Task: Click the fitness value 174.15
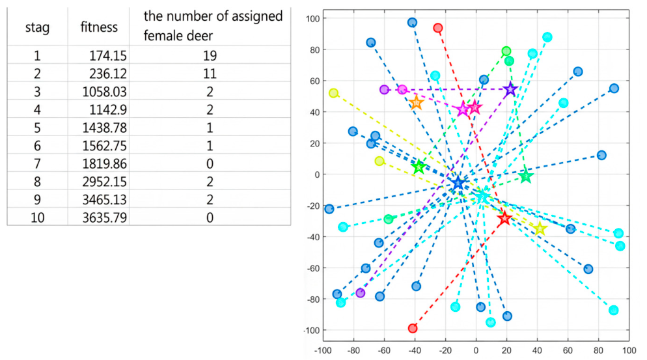(x=108, y=55)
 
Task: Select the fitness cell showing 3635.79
(x=104, y=217)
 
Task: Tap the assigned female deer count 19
(x=210, y=55)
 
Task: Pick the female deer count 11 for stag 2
(x=210, y=74)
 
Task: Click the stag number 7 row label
(x=37, y=163)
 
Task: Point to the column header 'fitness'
(x=99, y=27)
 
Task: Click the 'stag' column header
(x=37, y=28)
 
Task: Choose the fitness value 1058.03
(x=104, y=92)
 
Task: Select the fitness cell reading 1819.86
(x=104, y=163)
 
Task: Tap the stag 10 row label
(x=37, y=217)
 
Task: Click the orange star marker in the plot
(x=417, y=102)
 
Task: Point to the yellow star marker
(x=540, y=228)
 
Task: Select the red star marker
(x=504, y=218)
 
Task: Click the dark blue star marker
(x=458, y=183)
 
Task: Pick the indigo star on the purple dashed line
(x=510, y=89)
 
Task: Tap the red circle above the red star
(x=438, y=28)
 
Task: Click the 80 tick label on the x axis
(x=598, y=350)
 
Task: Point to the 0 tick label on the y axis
(x=317, y=174)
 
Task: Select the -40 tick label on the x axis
(x=415, y=350)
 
